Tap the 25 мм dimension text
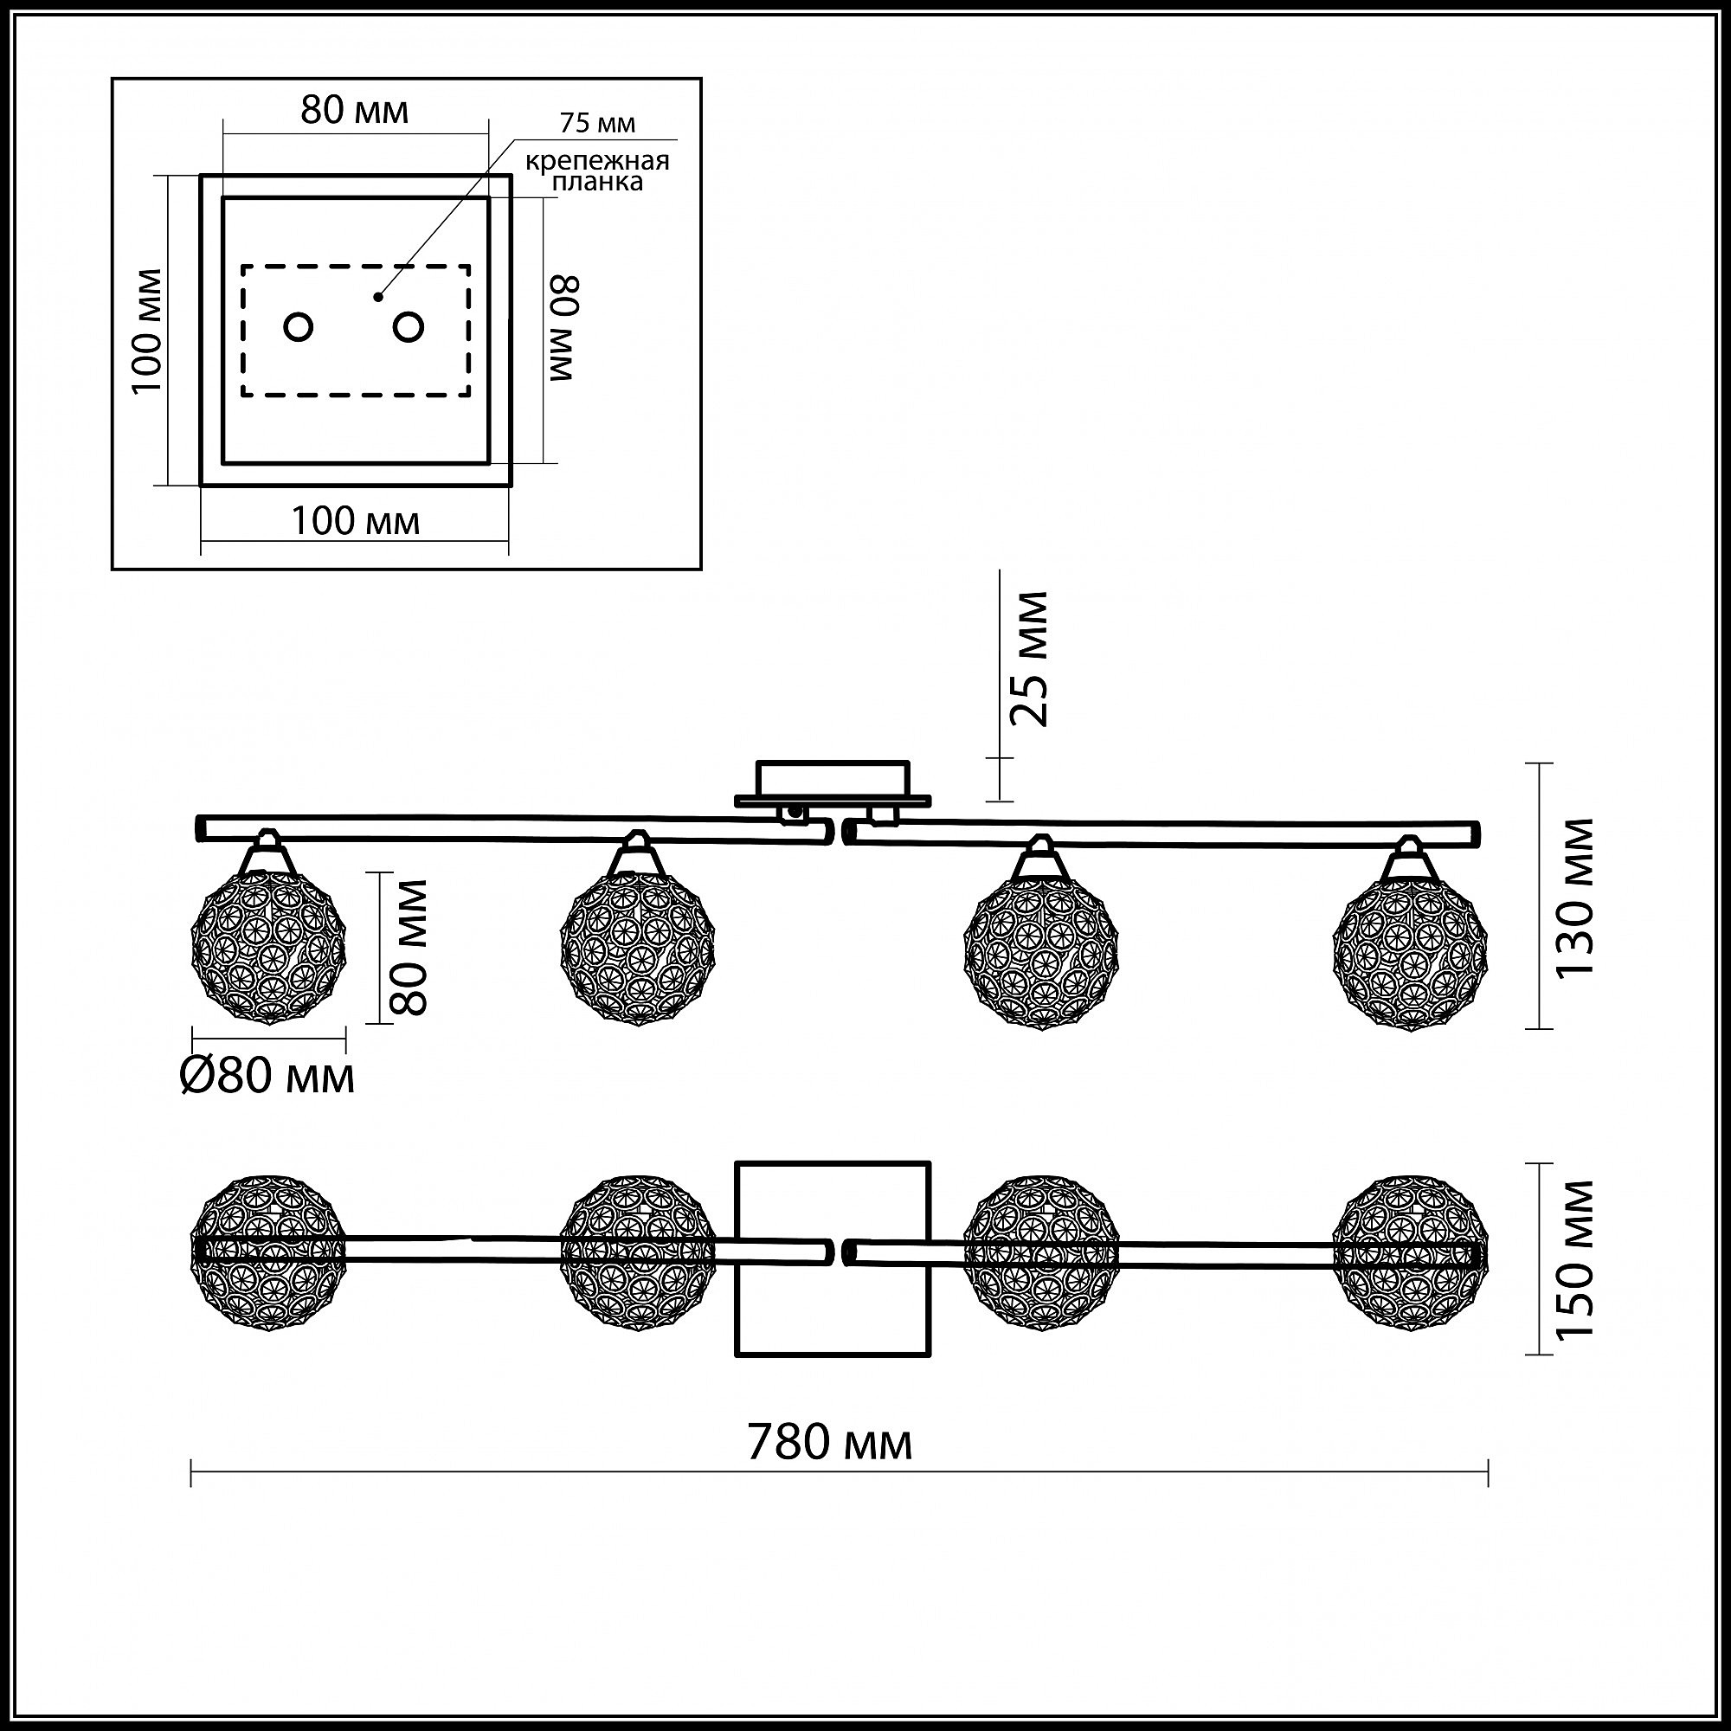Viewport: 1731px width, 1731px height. [1027, 659]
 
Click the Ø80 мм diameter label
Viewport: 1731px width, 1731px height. [267, 1075]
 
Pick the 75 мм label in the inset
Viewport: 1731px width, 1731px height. [597, 123]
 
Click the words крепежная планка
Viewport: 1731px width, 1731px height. [596, 171]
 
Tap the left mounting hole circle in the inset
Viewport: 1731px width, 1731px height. [299, 327]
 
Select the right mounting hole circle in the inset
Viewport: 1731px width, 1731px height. [409, 327]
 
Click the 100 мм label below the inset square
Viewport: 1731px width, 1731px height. [356, 520]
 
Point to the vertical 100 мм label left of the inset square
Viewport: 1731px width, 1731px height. [147, 331]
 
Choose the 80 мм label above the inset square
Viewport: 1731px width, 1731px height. [355, 109]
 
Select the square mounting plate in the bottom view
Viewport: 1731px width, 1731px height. [833, 1258]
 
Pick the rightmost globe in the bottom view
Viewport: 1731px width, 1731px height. [1410, 1253]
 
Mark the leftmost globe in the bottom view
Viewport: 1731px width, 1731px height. [268, 1252]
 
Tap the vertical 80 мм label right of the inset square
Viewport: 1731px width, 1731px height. [564, 329]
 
